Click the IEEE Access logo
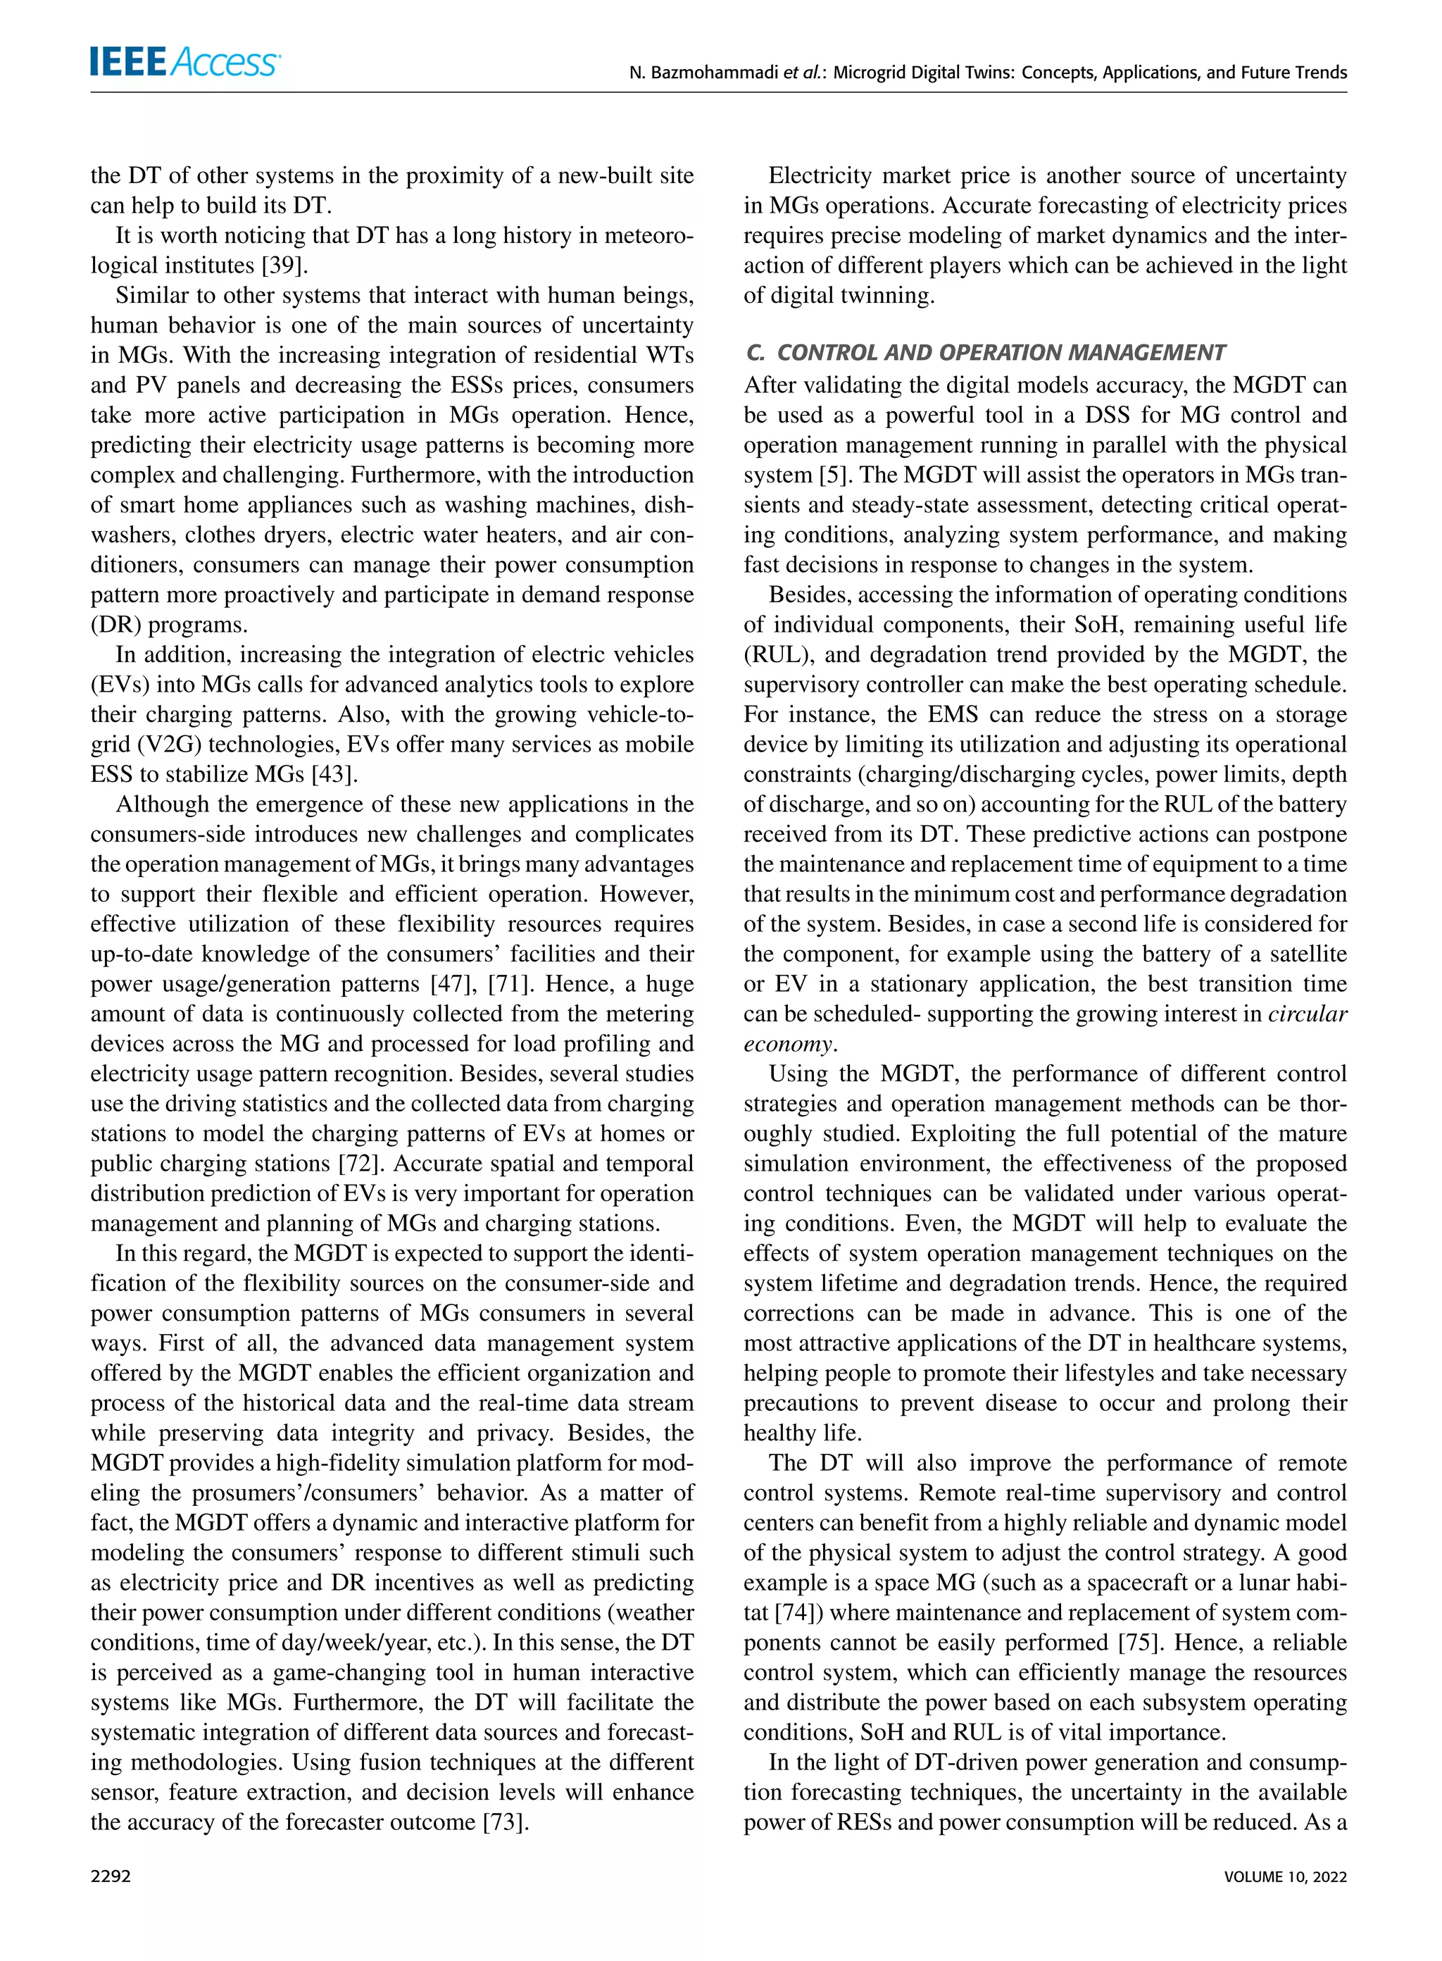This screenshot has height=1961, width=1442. [x=185, y=62]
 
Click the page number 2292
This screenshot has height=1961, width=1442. [x=111, y=1876]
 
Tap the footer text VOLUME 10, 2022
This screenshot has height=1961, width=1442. [x=1285, y=1876]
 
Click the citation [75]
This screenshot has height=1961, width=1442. [x=1139, y=1643]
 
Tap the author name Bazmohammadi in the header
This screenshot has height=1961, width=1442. [x=716, y=73]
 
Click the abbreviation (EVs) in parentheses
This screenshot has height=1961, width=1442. [x=116, y=685]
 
